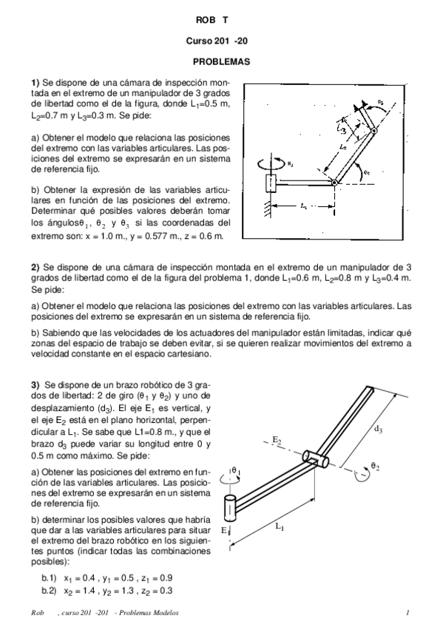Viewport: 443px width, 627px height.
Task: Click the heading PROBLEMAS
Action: click(221, 61)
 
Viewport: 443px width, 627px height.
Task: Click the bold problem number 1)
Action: click(35, 81)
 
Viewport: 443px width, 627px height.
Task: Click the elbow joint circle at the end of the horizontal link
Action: click(334, 182)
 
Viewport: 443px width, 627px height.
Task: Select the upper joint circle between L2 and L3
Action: click(373, 131)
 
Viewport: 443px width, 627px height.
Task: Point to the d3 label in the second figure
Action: click(379, 427)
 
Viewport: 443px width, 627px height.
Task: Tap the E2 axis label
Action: click(277, 440)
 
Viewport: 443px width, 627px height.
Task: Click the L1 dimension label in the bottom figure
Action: click(279, 526)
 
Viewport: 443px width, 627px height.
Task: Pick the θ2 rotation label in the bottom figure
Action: click(375, 467)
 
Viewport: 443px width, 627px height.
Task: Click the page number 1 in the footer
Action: click(408, 613)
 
